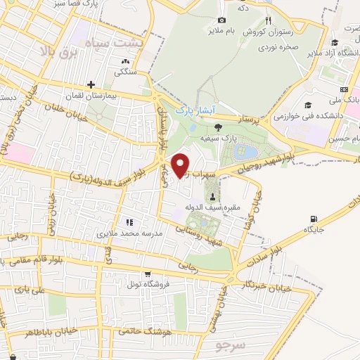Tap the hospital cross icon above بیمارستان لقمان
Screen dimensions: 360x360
[91, 84]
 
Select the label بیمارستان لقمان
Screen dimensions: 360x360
[109, 94]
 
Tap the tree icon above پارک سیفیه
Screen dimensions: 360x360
[219, 127]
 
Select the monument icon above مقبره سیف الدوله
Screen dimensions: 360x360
[213, 198]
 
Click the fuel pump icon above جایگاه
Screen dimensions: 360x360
[311, 219]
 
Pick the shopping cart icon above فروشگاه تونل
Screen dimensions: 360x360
[146, 274]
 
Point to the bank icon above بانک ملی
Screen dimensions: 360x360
[344, 89]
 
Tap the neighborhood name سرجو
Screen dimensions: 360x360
[233, 345]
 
